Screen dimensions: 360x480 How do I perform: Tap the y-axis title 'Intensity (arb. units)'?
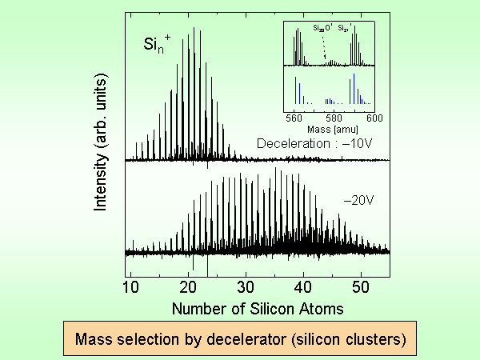(102, 150)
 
